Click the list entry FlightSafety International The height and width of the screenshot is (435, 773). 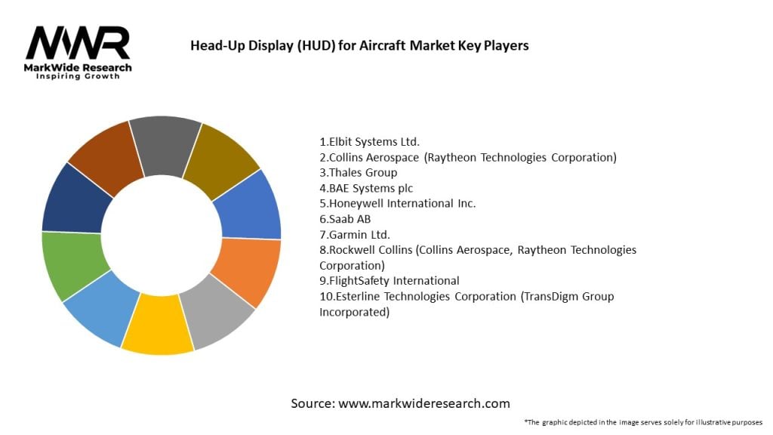[x=390, y=280]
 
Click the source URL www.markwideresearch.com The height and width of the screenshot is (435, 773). [x=424, y=403]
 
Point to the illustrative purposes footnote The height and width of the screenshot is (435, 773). [x=643, y=421]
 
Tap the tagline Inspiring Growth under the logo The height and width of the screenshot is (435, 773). [x=78, y=77]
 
